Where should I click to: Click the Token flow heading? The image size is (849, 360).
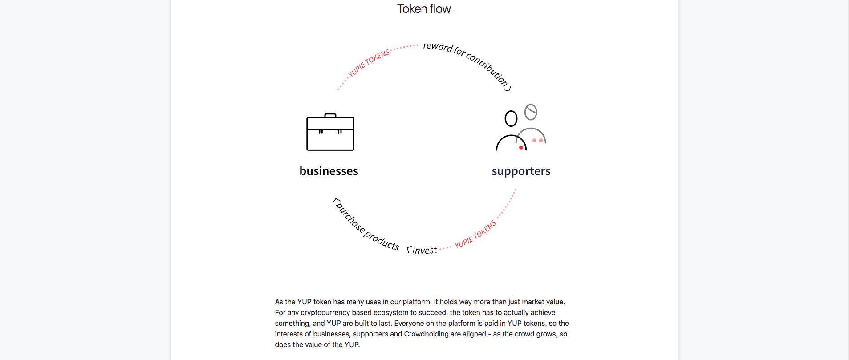pyautogui.click(x=424, y=9)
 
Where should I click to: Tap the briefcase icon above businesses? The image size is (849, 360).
pyautogui.click(x=330, y=132)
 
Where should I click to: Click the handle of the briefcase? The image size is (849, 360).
pyautogui.click(x=330, y=115)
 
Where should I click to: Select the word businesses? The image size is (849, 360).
pyautogui.click(x=329, y=171)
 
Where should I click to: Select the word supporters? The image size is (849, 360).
pyautogui.click(x=521, y=171)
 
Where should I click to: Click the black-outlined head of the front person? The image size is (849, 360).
pyautogui.click(x=511, y=119)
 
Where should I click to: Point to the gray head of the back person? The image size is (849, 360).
pyautogui.click(x=531, y=112)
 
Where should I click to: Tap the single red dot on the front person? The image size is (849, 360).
pyautogui.click(x=521, y=147)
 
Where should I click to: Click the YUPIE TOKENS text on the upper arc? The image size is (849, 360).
pyautogui.click(x=369, y=63)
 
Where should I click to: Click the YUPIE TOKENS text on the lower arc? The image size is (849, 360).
pyautogui.click(x=475, y=234)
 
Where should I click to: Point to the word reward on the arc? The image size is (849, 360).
pyautogui.click(x=438, y=47)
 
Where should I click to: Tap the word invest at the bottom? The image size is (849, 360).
pyautogui.click(x=424, y=251)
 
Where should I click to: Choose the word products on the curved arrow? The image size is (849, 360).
pyautogui.click(x=382, y=240)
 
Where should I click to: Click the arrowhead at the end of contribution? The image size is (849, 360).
pyautogui.click(x=508, y=89)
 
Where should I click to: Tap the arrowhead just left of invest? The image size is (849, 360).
pyautogui.click(x=409, y=250)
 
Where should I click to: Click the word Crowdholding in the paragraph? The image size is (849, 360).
pyautogui.click(x=426, y=334)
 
